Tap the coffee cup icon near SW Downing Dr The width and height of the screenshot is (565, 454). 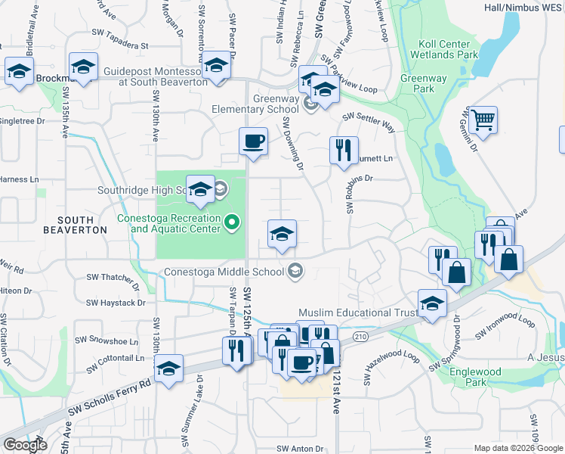pos(253,141)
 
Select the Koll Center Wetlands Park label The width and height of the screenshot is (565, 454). pos(445,50)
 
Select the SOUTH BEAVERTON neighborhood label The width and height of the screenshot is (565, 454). pos(69,222)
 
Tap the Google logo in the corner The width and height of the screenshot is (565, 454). pos(25,445)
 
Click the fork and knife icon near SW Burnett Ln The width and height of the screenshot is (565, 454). pos(344,150)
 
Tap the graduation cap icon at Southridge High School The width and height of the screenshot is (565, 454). pos(200,189)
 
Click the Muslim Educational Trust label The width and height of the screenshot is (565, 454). pos(357,312)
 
